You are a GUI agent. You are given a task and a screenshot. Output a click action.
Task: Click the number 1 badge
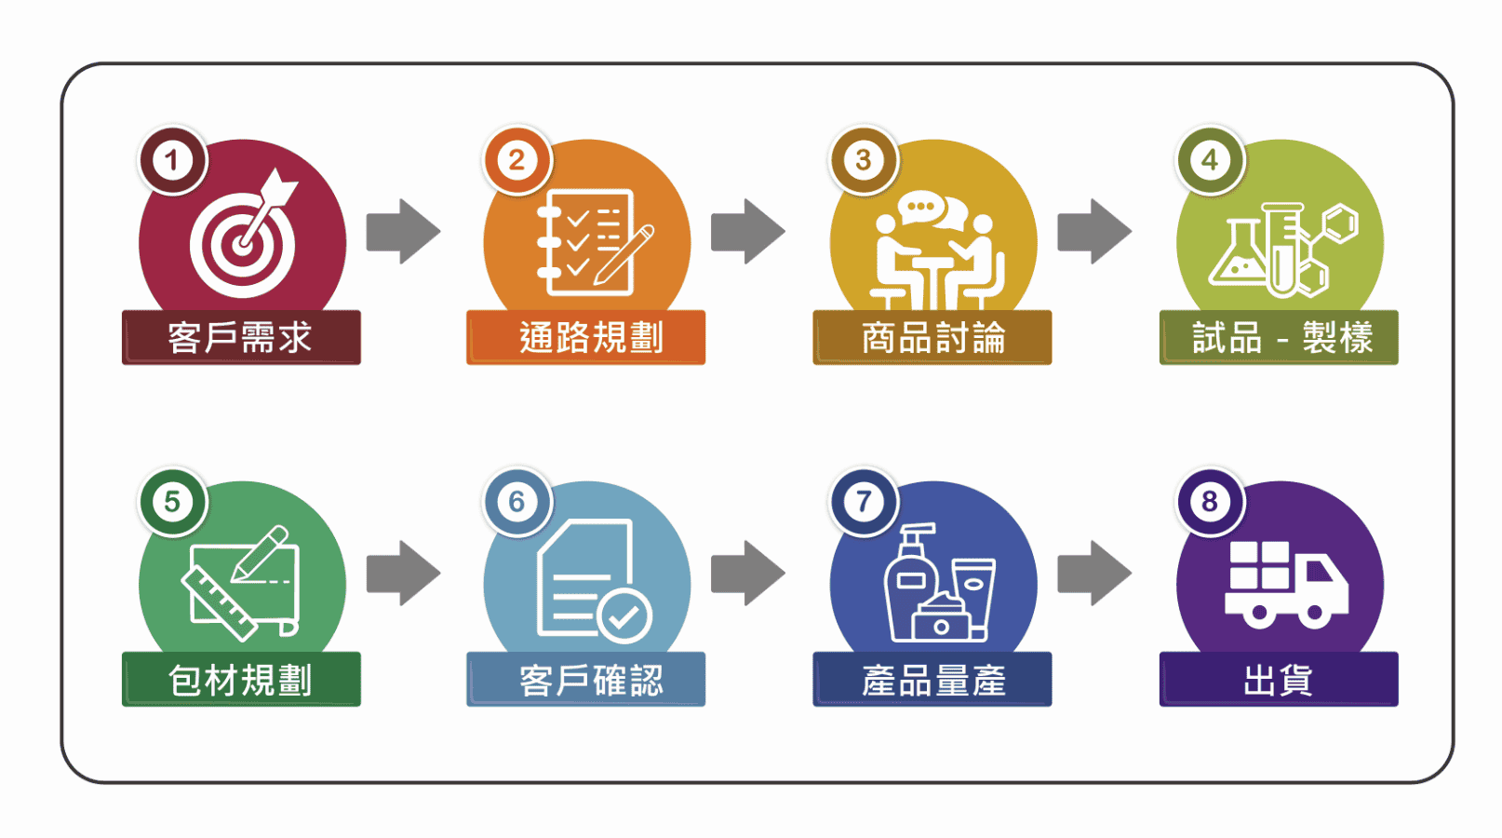coord(172,160)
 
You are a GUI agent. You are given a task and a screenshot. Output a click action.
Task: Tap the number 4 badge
coord(1210,160)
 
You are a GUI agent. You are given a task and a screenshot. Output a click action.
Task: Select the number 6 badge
coord(517,502)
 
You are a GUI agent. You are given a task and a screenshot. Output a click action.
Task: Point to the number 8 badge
coord(1210,502)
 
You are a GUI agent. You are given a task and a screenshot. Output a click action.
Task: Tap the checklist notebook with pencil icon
coord(592,241)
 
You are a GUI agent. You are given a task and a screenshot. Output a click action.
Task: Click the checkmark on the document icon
coord(624,615)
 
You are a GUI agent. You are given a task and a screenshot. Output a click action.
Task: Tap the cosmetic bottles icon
coord(938,585)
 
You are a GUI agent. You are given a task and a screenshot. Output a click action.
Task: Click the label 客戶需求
coord(241,337)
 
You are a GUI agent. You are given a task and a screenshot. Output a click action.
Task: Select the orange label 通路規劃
coord(586,337)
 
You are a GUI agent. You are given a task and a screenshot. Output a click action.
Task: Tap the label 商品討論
coord(932,337)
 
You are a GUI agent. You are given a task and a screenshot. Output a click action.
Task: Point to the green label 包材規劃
coord(241,680)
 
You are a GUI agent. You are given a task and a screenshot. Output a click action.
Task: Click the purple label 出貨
coord(1279,680)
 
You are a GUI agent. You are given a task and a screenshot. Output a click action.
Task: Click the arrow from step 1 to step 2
coord(403,231)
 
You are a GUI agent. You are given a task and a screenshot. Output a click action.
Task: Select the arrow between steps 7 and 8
coord(1094,573)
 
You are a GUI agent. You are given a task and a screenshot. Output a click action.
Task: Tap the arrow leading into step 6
coord(403,573)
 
